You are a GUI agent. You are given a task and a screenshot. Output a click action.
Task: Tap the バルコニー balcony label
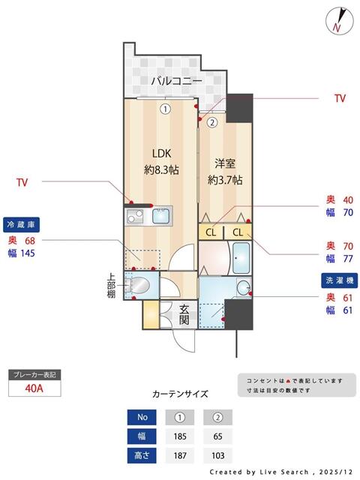[176, 80]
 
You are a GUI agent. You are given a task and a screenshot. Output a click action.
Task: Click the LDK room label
[161, 159]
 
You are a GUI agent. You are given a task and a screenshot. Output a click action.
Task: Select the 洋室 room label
[224, 172]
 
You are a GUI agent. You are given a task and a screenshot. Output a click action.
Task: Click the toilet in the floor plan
[138, 286]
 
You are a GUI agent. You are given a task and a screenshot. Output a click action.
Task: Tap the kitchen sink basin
[162, 217]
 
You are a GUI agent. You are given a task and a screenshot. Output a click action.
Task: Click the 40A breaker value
[33, 388]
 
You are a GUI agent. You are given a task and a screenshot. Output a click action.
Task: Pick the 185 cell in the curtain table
[180, 436]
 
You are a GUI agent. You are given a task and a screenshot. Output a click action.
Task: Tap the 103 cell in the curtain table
[217, 454]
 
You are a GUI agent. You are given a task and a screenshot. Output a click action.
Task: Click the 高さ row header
[142, 454]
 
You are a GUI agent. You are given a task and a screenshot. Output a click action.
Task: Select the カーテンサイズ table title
[180, 394]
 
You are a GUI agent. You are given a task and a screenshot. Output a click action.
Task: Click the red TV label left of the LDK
[23, 182]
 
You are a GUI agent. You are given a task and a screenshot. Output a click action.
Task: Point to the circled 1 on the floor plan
[164, 108]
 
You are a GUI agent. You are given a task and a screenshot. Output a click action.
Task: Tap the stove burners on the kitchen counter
[135, 217]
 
